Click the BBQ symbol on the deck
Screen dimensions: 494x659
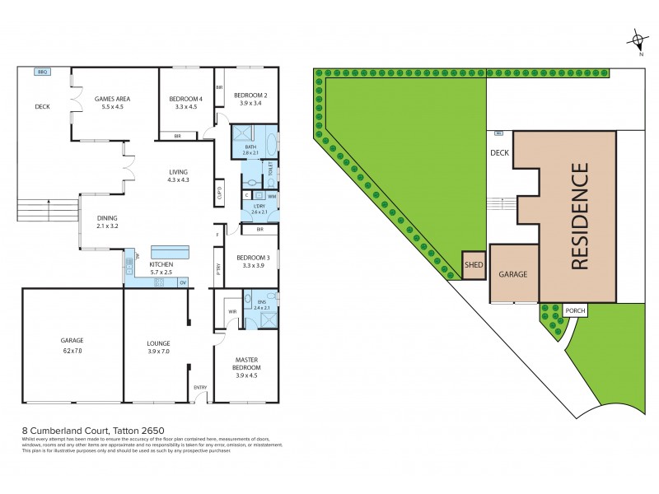[x=41, y=72]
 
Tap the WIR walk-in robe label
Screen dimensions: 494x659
[x=232, y=312]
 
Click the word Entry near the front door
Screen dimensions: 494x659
[x=200, y=388]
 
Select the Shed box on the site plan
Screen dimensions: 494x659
[x=473, y=265]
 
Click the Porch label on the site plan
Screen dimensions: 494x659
[x=575, y=310]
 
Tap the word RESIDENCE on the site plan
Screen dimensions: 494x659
[x=579, y=217]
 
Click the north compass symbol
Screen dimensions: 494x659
[x=638, y=40]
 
